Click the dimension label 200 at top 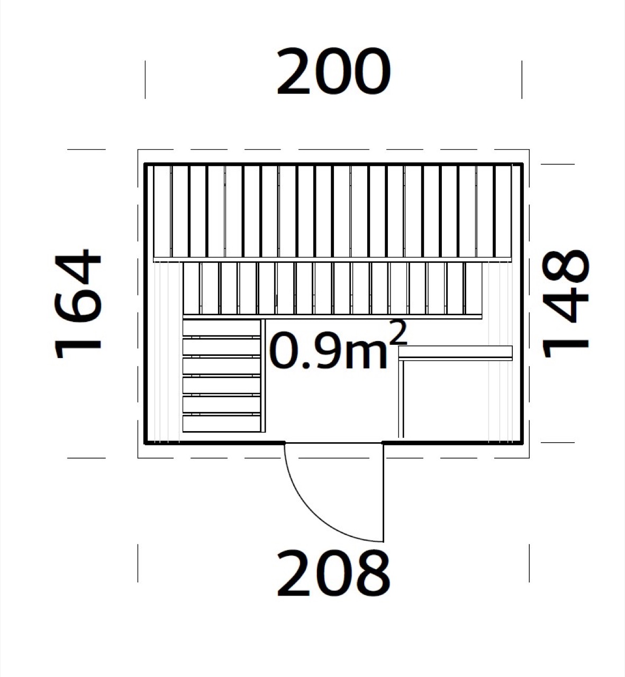pyautogui.click(x=333, y=72)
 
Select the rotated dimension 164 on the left pyautogui.click(x=78, y=304)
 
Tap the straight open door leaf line pyautogui.click(x=384, y=492)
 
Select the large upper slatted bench pyautogui.click(x=333, y=213)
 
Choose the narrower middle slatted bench pyautogui.click(x=332, y=290)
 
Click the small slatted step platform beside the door pyautogui.click(x=224, y=376)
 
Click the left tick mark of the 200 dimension pyautogui.click(x=145, y=80)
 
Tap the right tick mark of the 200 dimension pyautogui.click(x=522, y=80)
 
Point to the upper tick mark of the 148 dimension pyautogui.click(x=558, y=164)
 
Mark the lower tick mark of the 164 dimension pyautogui.click(x=86, y=458)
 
